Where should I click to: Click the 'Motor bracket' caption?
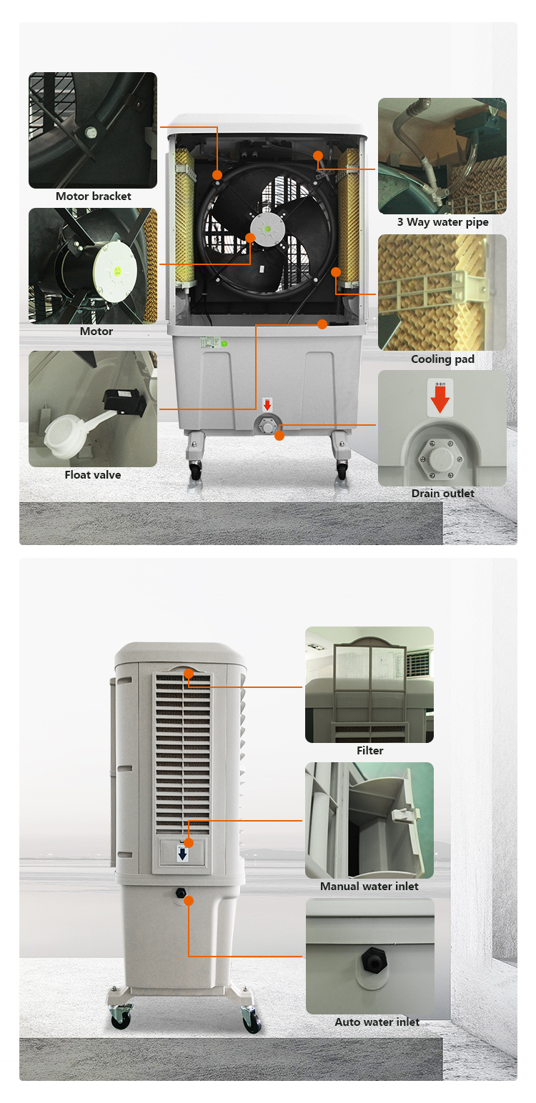93,196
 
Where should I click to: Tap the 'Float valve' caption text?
93,474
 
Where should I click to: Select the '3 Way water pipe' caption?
443,222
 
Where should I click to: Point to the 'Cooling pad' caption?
442,359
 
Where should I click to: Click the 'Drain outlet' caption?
443,493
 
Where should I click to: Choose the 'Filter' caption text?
370,750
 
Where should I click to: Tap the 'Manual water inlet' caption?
369,887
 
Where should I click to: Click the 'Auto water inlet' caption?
377,1022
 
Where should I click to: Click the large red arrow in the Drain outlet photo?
440,399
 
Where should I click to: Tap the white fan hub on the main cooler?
267,229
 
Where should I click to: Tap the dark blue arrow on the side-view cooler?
183,854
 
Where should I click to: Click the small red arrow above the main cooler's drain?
267,405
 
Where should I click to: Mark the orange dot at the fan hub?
250,238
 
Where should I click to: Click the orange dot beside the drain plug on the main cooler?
279,436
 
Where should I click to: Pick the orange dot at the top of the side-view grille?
189,674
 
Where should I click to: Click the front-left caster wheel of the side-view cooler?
121,1020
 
